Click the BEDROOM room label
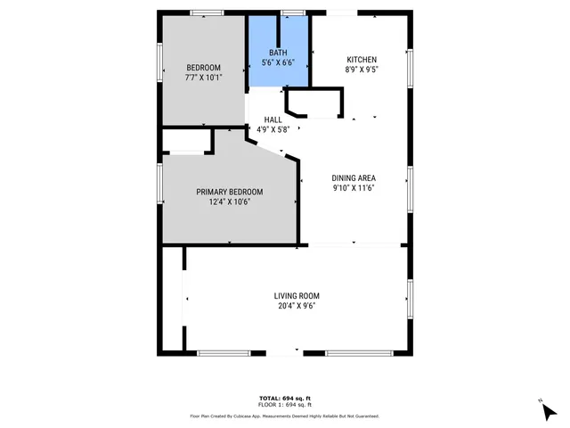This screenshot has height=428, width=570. pos(203,68)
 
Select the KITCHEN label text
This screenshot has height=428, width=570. pos(362,60)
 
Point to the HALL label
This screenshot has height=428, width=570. pos(273,119)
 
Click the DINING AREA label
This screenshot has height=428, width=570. pos(354,177)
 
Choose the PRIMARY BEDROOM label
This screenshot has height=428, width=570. pos(230,192)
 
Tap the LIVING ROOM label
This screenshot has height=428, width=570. pos(297,296)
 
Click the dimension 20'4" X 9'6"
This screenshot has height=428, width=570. pos(297,306)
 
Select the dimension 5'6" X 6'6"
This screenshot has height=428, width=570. pos(279,63)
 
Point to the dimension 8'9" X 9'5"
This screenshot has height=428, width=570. pos(362,70)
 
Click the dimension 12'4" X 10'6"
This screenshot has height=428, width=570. pos(230,202)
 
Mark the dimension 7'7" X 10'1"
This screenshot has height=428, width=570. pos(203,78)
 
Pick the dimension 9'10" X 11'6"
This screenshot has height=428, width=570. pos(354,187)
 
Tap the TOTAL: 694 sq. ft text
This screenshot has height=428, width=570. pos(285,397)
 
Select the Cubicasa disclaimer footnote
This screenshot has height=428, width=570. pos(285,416)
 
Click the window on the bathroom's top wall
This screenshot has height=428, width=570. pos(291,12)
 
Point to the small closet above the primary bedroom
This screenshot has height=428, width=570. pos(187,142)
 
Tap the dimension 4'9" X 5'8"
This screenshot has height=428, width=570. pos(274,129)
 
